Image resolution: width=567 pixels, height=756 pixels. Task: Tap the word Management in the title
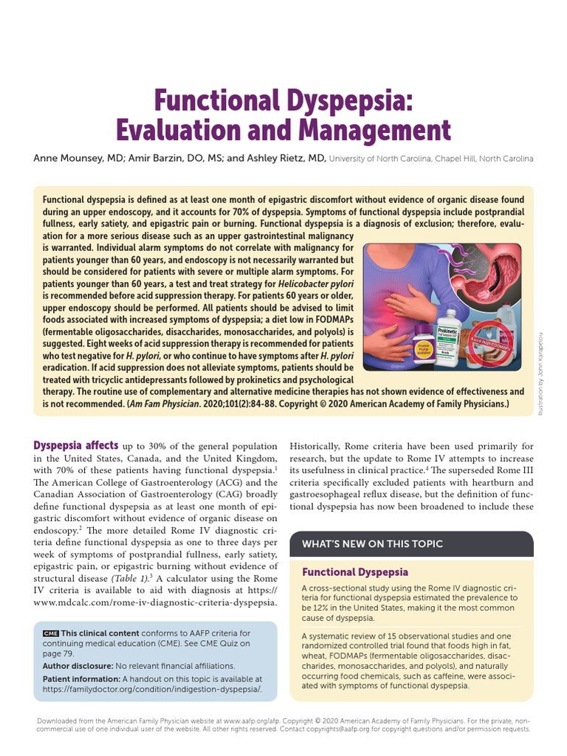pos(374,131)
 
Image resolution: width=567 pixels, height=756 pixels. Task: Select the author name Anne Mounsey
pos(65,158)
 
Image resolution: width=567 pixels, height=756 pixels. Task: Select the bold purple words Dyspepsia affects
pos(76,445)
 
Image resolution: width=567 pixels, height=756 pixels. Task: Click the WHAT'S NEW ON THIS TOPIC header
pos(372,543)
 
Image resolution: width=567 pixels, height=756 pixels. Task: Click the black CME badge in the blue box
pos(50,633)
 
